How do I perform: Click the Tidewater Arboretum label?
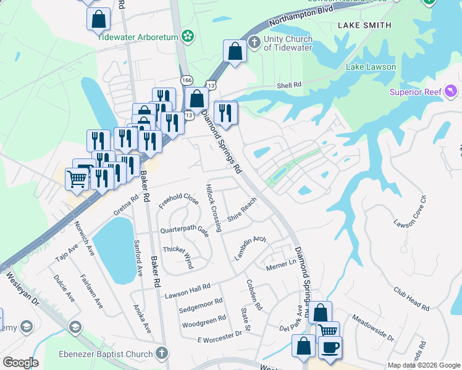click(x=138, y=36)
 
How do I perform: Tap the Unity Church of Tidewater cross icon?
click(x=253, y=42)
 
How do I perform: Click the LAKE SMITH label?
click(x=364, y=25)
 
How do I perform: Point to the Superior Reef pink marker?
click(x=452, y=92)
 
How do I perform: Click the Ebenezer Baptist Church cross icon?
click(x=161, y=353)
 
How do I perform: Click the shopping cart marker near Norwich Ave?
click(x=77, y=179)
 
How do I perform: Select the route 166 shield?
click(x=187, y=80)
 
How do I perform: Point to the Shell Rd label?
click(x=288, y=85)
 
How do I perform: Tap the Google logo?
click(x=20, y=363)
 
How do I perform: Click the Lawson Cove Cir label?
click(x=410, y=211)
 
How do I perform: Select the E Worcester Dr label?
click(x=219, y=336)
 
